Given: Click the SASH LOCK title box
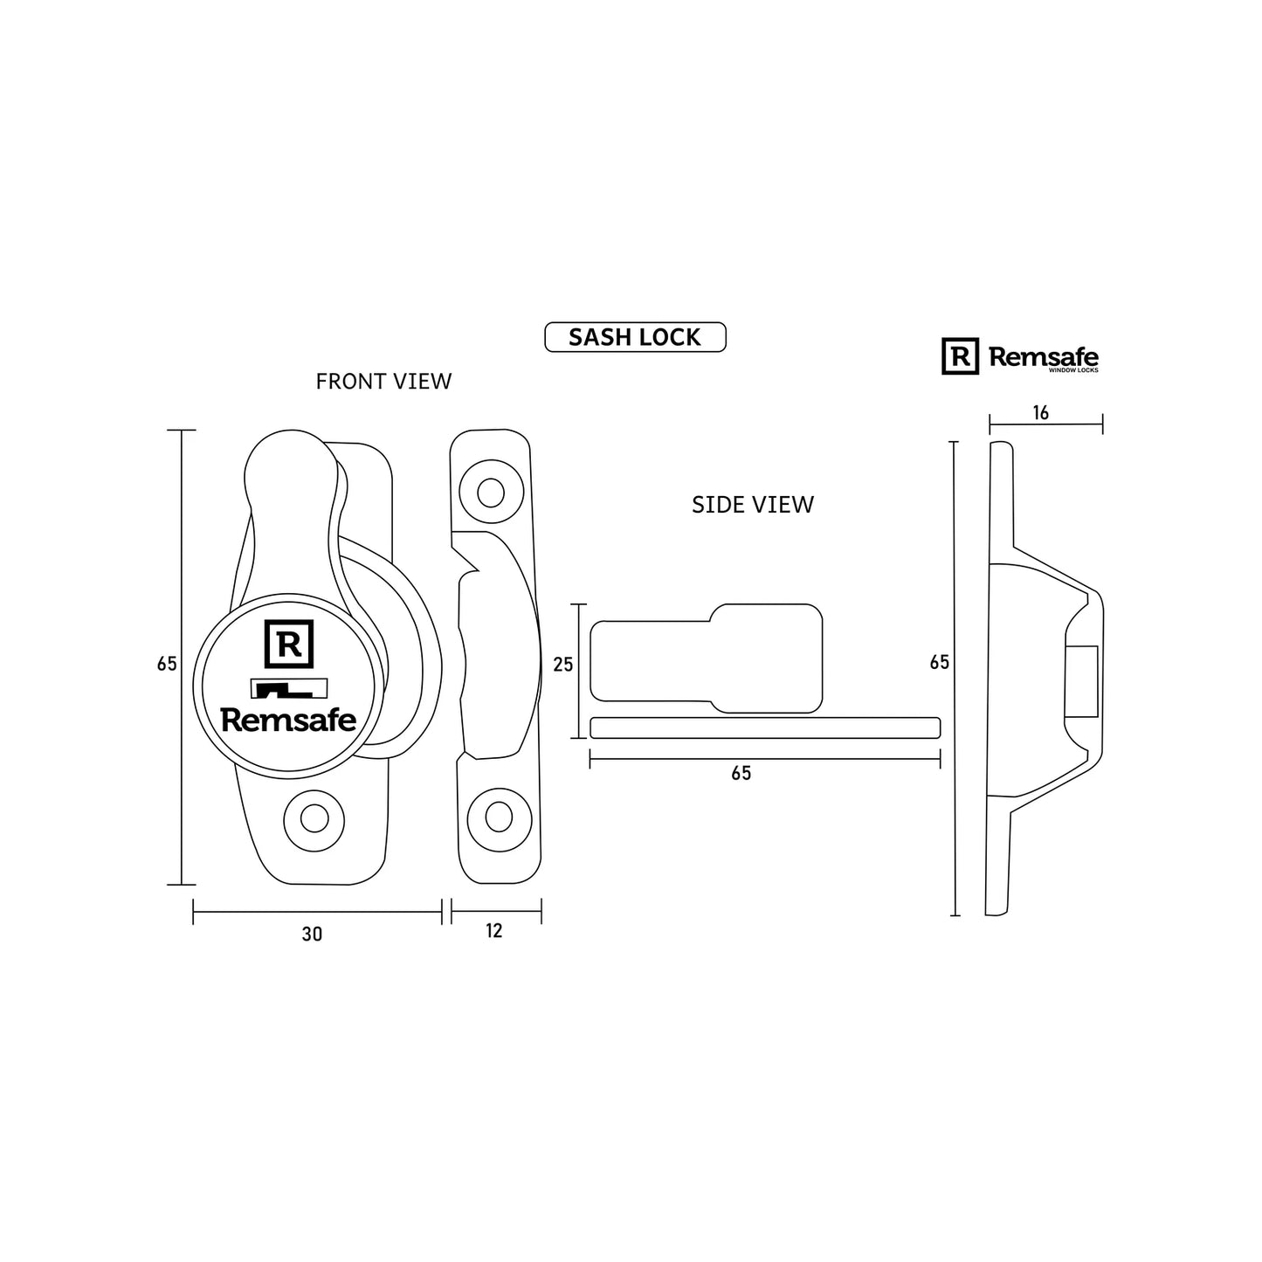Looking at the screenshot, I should pos(635,337).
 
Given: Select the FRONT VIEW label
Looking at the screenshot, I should pos(383,382).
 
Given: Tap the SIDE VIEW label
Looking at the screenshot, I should pos(752,505).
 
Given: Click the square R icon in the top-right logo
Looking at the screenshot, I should pos(960,356).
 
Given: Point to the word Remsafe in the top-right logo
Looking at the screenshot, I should pos(1043,356).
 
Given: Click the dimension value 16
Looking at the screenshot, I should pos(1040,413).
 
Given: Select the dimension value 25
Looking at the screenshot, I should pos(563,665).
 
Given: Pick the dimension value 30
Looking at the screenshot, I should pos(312,934).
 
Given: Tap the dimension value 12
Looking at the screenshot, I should pos(494,931).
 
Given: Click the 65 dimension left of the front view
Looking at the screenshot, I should pos(167,664).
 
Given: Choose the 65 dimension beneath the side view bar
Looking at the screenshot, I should pos(741,774).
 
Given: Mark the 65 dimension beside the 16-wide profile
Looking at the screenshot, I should pos(939,663).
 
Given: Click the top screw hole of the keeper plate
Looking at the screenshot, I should pos(490,493).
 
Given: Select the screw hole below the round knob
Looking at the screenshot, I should pos(314,819).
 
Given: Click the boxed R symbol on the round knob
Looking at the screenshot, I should pos(288,645).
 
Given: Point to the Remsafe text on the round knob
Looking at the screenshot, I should pos(288,720).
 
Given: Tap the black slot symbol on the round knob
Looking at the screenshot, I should pos(288,689).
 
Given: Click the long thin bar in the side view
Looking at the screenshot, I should pos(764,728).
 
